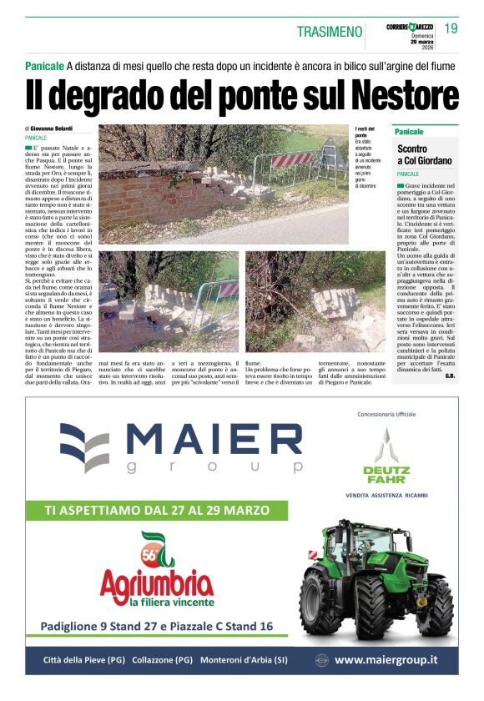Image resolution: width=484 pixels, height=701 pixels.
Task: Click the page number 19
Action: click(451, 29)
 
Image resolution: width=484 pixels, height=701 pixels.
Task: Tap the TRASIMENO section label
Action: click(330, 32)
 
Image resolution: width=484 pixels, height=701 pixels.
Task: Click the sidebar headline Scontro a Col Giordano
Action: click(425, 154)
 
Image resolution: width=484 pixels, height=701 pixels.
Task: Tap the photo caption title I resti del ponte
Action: click(365, 132)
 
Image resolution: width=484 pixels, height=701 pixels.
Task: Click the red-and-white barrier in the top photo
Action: click(291, 159)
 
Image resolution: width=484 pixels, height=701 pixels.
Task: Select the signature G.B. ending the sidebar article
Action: click(450, 376)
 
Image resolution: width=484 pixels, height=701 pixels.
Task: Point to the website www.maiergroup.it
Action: click(386, 660)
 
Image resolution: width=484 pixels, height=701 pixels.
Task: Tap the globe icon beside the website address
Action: click(321, 660)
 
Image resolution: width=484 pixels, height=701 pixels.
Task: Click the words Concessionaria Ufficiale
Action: click(386, 414)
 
